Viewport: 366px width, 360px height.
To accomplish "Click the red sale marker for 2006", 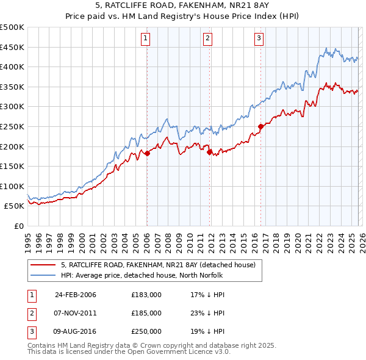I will coord(147,154).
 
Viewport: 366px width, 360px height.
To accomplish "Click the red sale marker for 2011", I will coord(209,153).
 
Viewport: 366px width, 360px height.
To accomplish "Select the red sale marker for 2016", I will coord(260,127).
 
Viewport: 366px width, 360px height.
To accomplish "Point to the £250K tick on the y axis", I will coord(12,126).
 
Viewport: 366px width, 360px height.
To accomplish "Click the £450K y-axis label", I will coord(12,47).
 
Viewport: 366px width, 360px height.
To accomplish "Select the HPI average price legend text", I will coord(142,275).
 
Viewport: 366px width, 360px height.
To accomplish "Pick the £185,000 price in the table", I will coord(146,313).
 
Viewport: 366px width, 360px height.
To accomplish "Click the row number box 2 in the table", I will coord(32,313).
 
